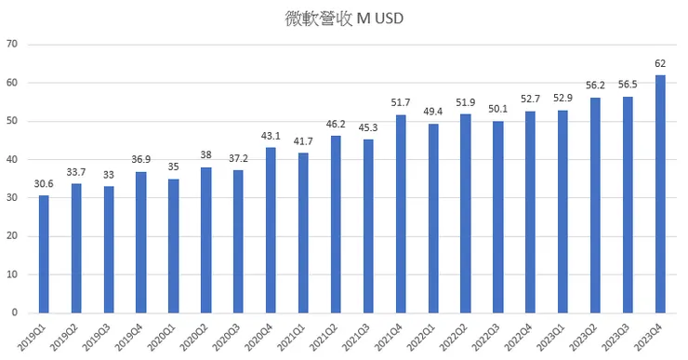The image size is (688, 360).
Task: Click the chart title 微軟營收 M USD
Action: coord(344,18)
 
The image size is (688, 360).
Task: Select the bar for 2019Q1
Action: coord(44,254)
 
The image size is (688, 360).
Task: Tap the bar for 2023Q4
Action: coord(660,193)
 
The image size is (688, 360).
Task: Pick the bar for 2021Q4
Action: coord(401,214)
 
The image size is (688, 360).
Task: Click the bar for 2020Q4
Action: coord(271,230)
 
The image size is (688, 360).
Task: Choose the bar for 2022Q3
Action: coord(497,217)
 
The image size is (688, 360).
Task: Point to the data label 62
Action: coord(660,63)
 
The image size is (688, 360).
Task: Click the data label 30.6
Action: coord(44,183)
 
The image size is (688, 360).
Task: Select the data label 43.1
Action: coord(271,136)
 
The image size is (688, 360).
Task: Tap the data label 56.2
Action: coord(595,86)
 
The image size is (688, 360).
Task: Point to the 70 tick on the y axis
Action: coord(12,44)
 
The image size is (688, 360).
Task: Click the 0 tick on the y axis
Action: coord(15,313)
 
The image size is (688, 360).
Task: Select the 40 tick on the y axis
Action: coord(12,159)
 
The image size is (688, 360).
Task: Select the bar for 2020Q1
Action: coord(174,246)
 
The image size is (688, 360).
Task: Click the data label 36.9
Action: coord(141,159)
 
